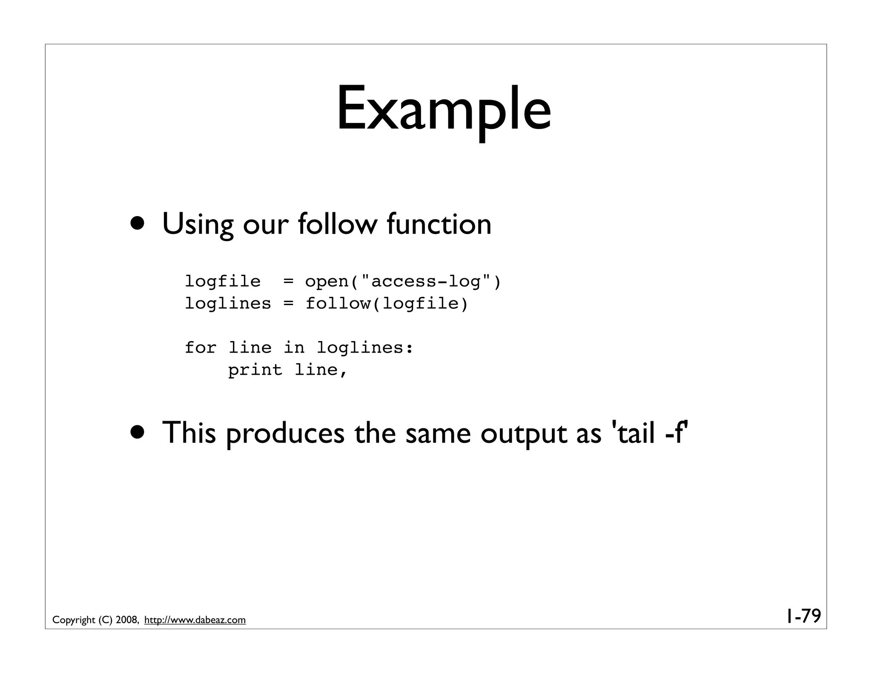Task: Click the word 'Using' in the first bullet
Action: coord(198,224)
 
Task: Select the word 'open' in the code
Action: coord(327,282)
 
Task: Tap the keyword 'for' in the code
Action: coord(201,348)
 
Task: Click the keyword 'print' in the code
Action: coord(255,370)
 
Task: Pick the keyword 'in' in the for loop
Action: coord(294,348)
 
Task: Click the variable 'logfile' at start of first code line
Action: coord(223,282)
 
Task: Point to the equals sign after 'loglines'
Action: coord(289,304)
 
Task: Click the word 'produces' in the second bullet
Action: coord(285,433)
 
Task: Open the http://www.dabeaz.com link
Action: coord(195,620)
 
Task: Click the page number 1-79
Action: coord(803,616)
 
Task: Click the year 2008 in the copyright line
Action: coord(126,620)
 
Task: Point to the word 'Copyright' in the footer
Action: coord(74,620)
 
